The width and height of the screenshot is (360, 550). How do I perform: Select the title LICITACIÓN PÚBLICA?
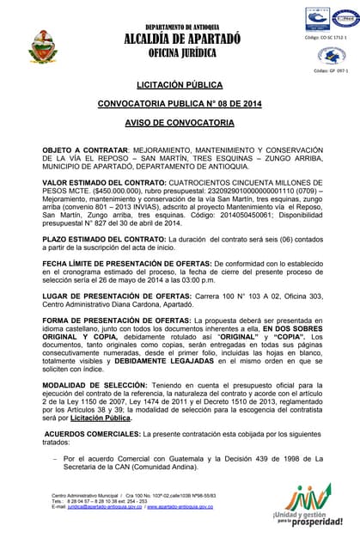pos(179,85)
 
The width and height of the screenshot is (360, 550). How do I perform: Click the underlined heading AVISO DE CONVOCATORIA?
pos(179,124)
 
